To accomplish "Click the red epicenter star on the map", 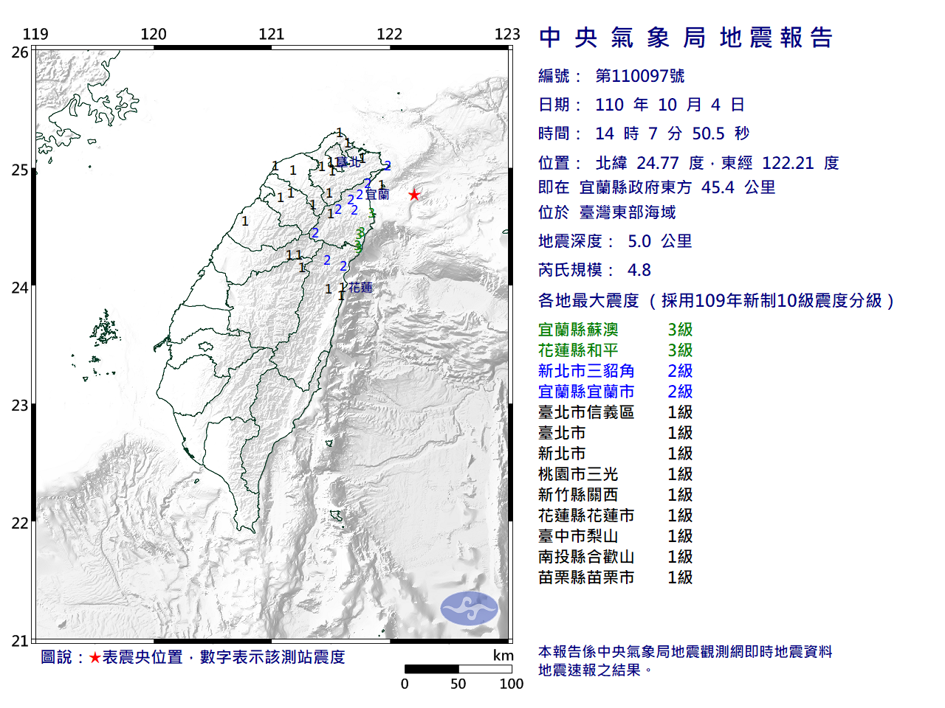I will click(x=414, y=195).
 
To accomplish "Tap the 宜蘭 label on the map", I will click(x=377, y=195).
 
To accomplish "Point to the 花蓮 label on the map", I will click(x=360, y=288).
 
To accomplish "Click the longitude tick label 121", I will click(x=271, y=34).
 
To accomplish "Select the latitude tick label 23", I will click(x=20, y=406).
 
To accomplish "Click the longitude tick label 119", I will click(x=35, y=34).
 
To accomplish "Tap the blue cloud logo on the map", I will click(x=470, y=608).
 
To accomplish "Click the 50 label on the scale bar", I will click(x=458, y=684).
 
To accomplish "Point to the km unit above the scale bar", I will click(x=503, y=656).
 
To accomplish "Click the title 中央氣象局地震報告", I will click(x=686, y=38).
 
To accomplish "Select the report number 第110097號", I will click(x=640, y=76).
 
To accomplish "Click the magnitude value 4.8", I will click(x=639, y=270).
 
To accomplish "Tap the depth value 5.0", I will click(x=639, y=241).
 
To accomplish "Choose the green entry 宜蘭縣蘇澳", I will click(x=578, y=330).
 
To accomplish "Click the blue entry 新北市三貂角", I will click(x=586, y=371).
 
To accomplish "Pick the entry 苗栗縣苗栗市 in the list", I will click(x=586, y=577).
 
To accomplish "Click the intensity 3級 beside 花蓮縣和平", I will click(x=680, y=350).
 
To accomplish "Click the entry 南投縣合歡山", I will click(x=586, y=557).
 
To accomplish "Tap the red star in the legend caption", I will click(x=94, y=657).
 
